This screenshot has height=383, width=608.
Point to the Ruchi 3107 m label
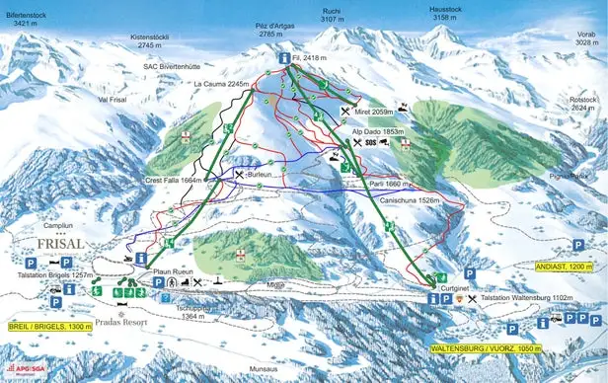(332, 16)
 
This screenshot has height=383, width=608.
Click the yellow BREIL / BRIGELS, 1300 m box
(46, 326)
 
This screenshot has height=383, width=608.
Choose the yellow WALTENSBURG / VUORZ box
(488, 348)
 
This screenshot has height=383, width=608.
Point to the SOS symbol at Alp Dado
(370, 143)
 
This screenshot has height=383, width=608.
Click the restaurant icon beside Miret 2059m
(344, 113)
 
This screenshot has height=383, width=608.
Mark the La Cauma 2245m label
(221, 85)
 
